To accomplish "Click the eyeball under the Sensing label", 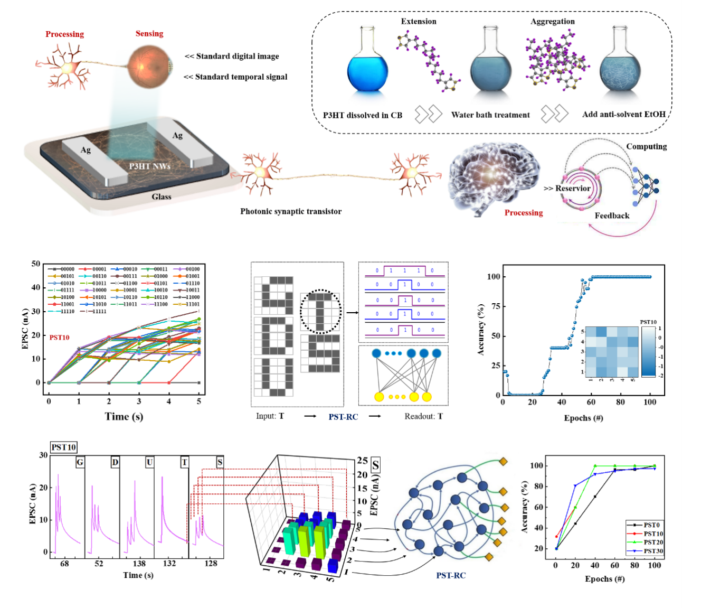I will click(x=150, y=66).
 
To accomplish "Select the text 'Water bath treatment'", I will click(x=490, y=115).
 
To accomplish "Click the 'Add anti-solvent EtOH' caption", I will click(x=623, y=114).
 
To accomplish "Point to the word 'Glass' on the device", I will click(x=162, y=197).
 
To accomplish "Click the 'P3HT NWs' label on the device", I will click(x=150, y=166).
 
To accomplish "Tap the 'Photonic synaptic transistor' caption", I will click(x=291, y=211).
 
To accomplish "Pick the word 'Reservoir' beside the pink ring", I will click(x=573, y=188).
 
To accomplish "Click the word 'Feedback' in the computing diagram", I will click(x=612, y=216).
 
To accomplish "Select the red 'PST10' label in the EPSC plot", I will click(x=60, y=338).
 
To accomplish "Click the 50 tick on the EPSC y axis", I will click(x=36, y=264).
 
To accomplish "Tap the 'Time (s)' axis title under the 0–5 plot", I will click(x=124, y=416).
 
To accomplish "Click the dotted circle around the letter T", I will click(x=320, y=311).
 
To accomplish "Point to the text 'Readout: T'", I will click(x=423, y=416).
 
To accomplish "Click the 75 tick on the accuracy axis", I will click(x=494, y=306).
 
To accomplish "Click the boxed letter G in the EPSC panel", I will click(x=80, y=462).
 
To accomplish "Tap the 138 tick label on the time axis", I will click(x=139, y=564).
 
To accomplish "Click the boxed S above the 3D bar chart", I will click(x=376, y=465).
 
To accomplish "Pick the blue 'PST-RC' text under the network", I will click(x=451, y=575).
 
